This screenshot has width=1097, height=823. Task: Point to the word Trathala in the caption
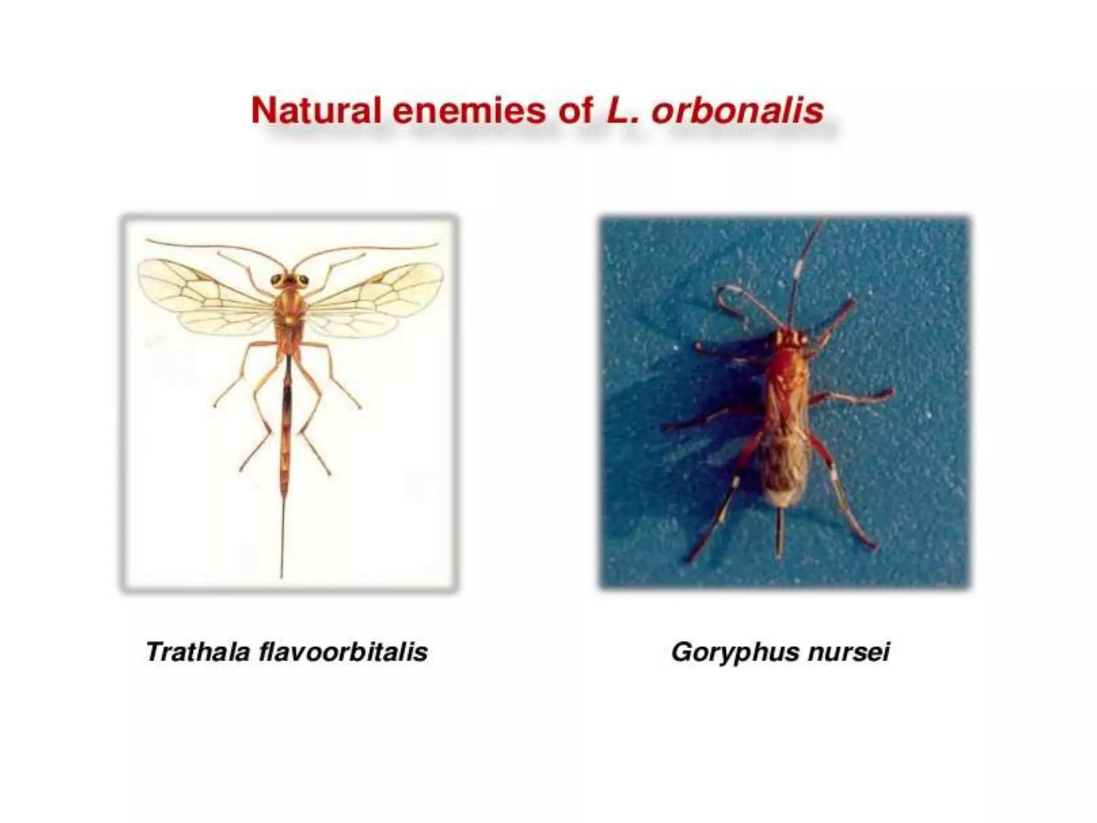pos(198,652)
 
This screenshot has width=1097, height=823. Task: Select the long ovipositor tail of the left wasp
pos(282,536)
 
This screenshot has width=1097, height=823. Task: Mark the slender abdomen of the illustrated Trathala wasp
pos(287,418)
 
